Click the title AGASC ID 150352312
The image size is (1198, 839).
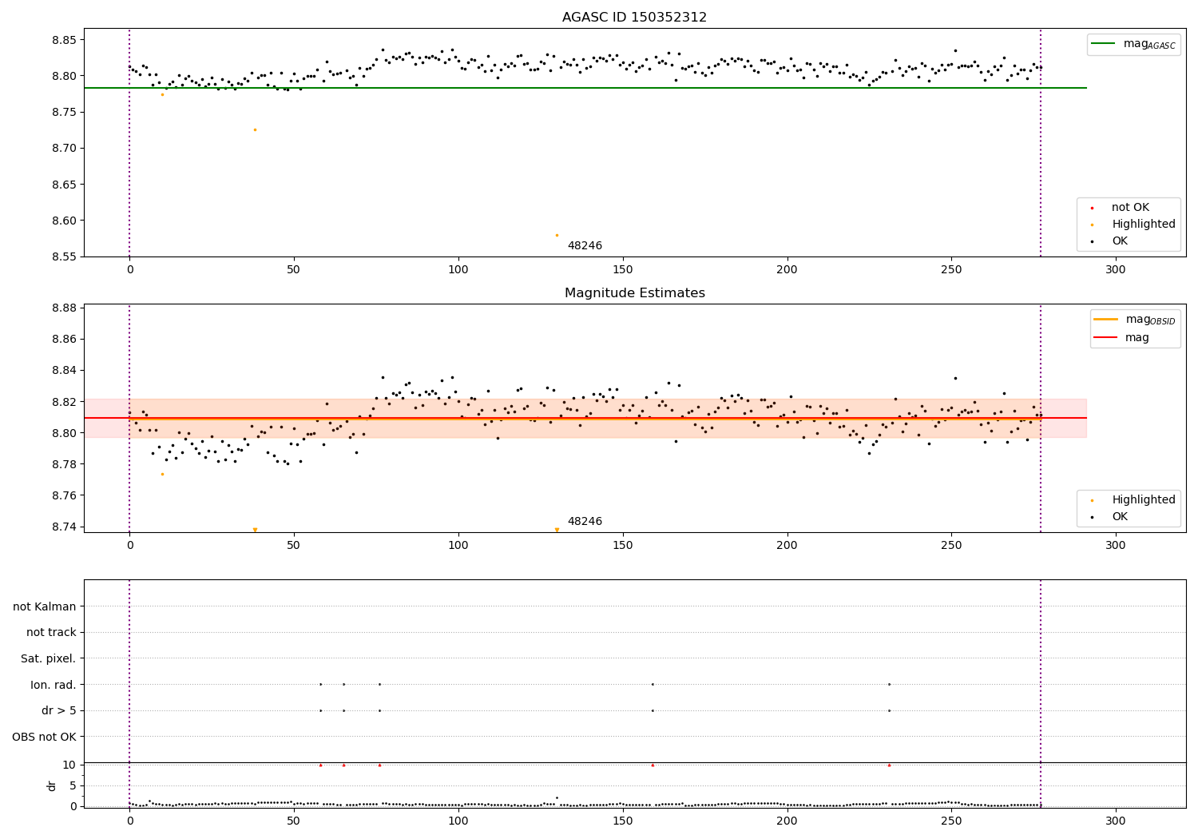634,18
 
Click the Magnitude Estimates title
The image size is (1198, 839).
634,293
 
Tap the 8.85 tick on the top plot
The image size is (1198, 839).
64,40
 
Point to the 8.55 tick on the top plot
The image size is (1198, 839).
64,256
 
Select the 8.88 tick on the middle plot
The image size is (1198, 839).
64,308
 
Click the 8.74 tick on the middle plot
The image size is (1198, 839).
64,527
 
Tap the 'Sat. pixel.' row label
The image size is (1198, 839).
49,658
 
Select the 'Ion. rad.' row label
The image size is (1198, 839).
54,685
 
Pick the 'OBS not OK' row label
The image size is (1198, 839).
45,737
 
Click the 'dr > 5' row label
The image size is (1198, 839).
59,710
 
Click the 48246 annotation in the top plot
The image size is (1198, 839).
585,246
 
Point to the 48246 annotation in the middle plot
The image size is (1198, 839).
585,522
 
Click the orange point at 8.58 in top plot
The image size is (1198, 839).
557,235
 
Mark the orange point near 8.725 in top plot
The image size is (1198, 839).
255,129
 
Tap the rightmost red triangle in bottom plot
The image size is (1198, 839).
889,765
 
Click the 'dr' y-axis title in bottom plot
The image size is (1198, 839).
52,785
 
